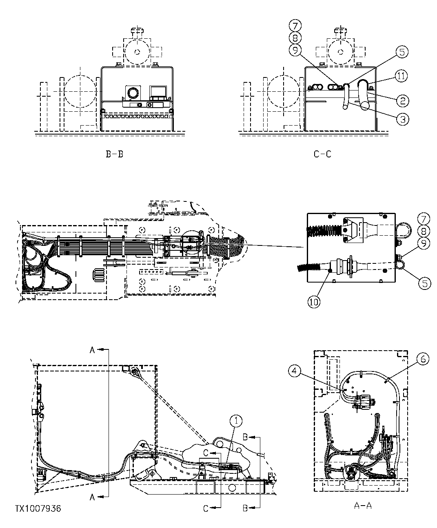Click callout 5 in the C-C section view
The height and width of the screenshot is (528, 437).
click(402, 52)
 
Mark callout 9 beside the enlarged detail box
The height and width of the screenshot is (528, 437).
click(424, 244)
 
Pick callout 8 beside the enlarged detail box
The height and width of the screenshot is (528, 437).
click(424, 231)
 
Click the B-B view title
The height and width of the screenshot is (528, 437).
click(114, 154)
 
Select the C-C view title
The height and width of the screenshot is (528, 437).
click(322, 154)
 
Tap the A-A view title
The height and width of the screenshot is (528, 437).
click(363, 506)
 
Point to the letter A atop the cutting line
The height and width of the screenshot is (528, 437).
click(92, 350)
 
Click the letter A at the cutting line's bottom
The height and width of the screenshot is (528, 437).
click(92, 497)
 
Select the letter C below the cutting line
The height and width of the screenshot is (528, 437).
click(206, 508)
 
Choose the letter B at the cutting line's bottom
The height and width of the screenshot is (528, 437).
click(245, 508)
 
